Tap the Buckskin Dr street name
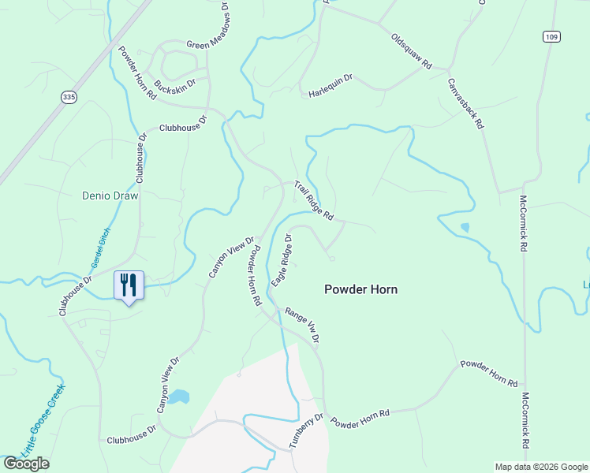tap(181, 84)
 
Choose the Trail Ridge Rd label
tap(314, 200)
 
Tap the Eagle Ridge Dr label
tap(282, 260)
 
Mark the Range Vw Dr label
tap(302, 325)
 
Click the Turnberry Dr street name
tap(306, 430)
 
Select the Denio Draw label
tap(110, 196)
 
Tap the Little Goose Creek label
tap(43, 419)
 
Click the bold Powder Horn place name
tap(360, 289)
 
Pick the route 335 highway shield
tap(69, 96)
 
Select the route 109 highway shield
tap(551, 36)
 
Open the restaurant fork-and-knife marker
tap(129, 285)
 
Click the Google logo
tap(26, 464)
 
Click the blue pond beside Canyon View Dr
tap(178, 397)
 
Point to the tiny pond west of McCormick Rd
tap(464, 228)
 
